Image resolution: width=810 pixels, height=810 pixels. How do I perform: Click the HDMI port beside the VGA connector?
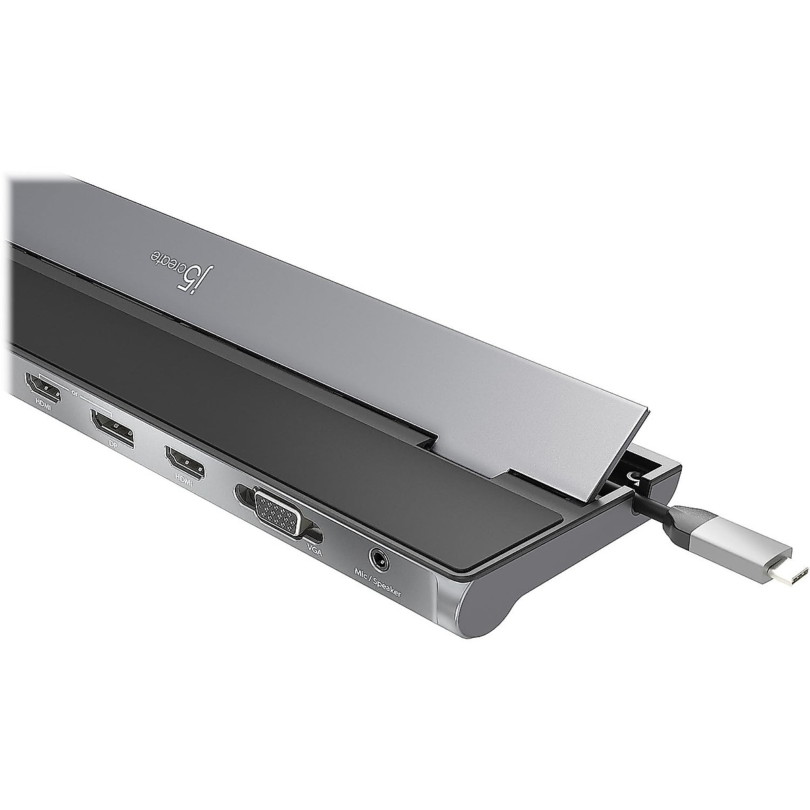pyautogui.click(x=185, y=460)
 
